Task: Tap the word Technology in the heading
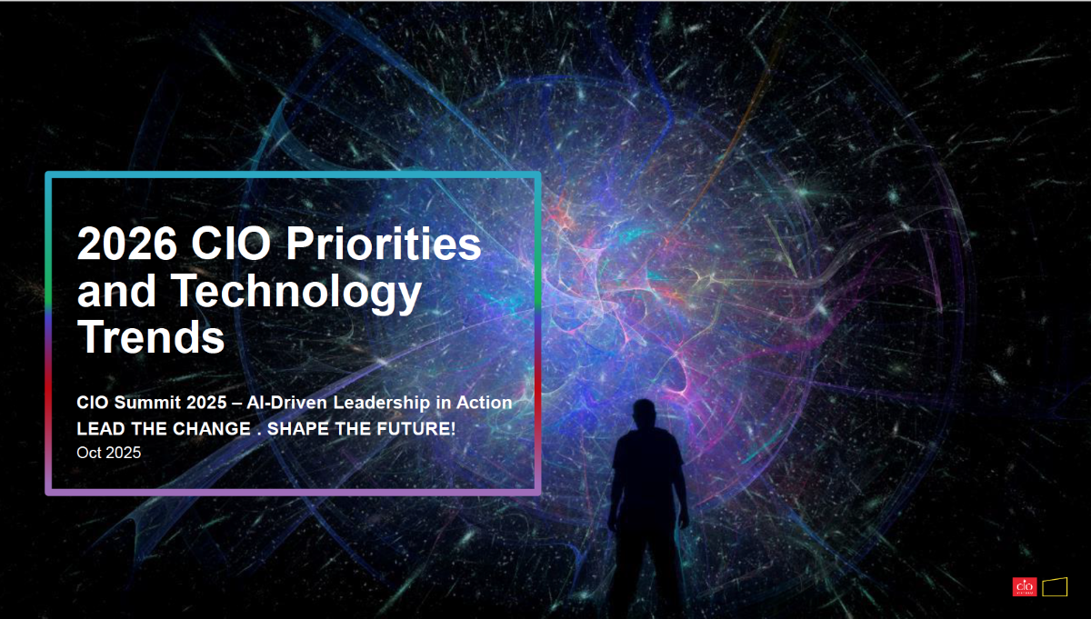297,292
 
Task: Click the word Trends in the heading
151,338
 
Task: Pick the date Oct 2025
109,453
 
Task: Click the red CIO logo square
1025,587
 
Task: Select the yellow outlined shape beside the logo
1055,587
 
